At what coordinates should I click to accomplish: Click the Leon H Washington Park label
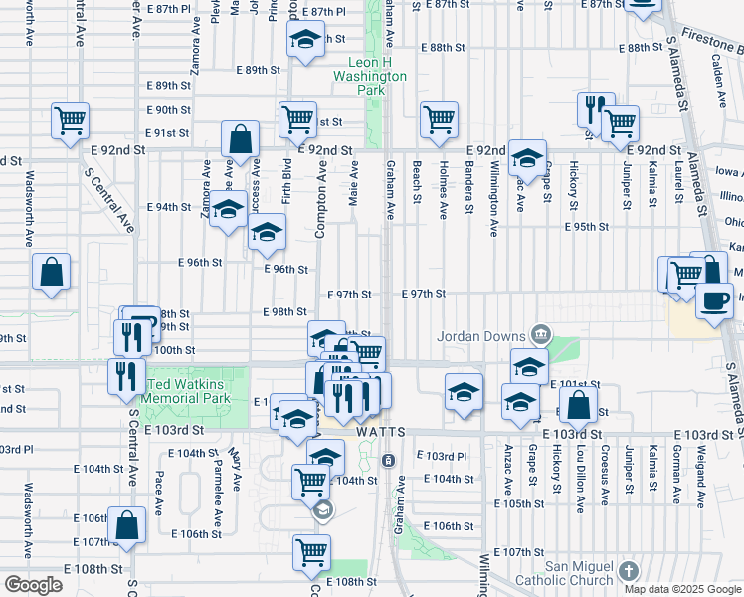tap(370, 75)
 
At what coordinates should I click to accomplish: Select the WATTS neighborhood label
tap(379, 434)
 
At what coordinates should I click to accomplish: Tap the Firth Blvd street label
tap(285, 180)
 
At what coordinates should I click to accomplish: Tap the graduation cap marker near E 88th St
tap(306, 40)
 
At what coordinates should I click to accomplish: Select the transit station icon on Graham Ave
tap(388, 460)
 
